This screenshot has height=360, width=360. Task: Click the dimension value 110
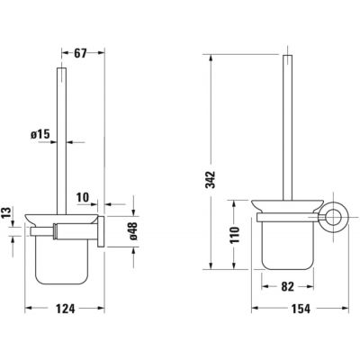click(233, 238)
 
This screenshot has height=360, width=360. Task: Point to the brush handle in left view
click(61, 135)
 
